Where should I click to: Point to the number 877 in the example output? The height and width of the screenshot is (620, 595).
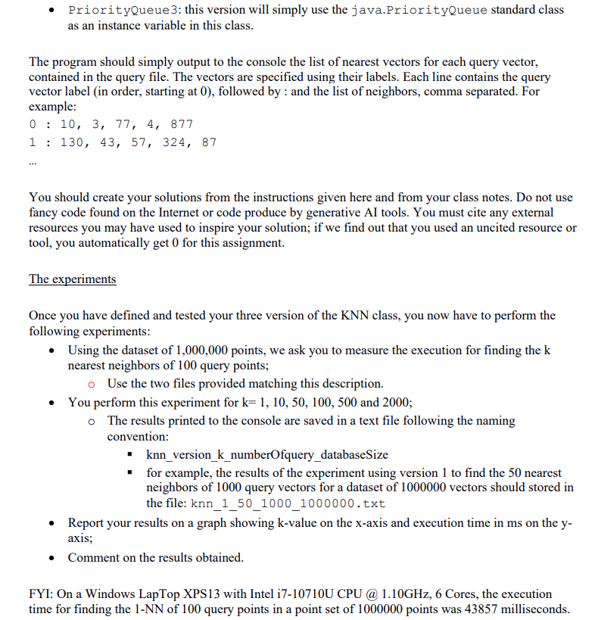[x=182, y=124]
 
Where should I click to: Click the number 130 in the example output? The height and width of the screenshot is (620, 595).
[x=73, y=142]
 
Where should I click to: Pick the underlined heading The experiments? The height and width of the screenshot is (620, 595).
[x=73, y=279]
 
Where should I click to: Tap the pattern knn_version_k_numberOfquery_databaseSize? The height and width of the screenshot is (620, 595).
[x=266, y=455]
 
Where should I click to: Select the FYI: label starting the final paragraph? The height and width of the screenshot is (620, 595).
[x=42, y=594]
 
